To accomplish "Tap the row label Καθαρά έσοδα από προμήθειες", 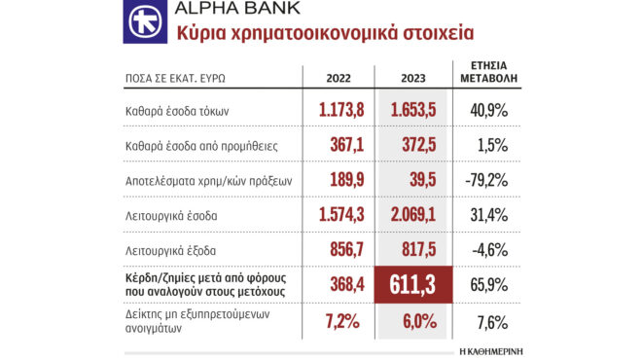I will pyautogui.click(x=201, y=147).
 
